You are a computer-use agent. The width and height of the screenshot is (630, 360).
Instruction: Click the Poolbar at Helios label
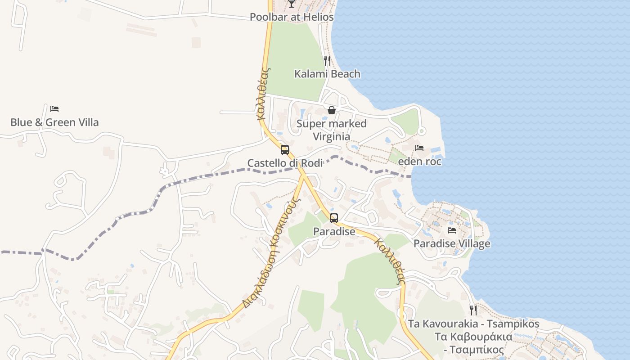[x=292, y=17]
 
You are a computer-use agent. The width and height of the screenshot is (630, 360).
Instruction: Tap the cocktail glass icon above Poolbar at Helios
[x=292, y=4]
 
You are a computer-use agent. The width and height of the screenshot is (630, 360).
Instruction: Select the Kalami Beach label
[x=327, y=74]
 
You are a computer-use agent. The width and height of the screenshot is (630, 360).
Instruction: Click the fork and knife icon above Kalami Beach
[x=327, y=60]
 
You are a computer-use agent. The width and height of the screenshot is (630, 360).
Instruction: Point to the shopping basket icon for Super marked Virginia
[x=332, y=110]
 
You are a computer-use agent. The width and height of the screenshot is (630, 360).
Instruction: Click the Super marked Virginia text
[x=332, y=130]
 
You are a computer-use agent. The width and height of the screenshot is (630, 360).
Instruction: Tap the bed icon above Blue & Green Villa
[x=54, y=109]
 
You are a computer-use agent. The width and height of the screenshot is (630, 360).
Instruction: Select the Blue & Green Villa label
[x=54, y=122]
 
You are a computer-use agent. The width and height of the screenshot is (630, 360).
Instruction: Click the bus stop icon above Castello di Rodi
[x=285, y=150]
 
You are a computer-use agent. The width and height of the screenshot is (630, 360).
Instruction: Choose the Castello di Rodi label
[x=285, y=163]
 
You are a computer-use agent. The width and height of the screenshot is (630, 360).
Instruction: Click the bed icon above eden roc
[x=419, y=148]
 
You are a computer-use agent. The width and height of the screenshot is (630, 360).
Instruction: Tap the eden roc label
[x=419, y=162]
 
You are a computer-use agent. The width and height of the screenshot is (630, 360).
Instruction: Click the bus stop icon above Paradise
[x=333, y=218]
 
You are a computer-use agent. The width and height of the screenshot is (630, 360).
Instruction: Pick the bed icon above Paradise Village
[x=452, y=230]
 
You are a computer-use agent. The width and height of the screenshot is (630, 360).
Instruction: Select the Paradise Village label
[x=452, y=244]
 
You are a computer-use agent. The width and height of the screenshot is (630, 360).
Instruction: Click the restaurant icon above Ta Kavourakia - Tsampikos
[x=473, y=310]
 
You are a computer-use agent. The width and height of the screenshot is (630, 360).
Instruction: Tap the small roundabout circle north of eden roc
[x=421, y=131]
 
